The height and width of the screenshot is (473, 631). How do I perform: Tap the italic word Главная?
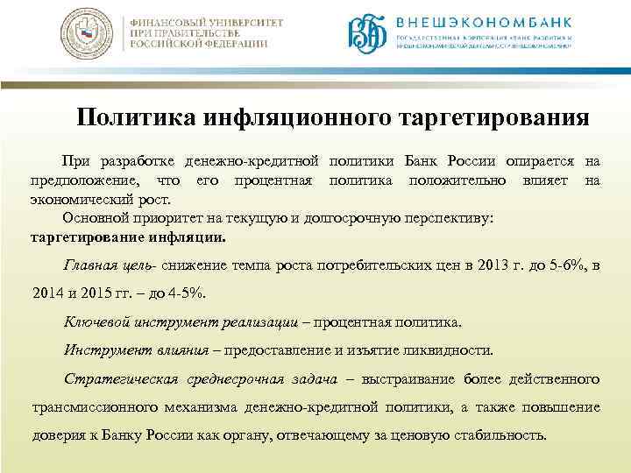[89, 265]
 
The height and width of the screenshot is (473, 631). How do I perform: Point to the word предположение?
[81, 180]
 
